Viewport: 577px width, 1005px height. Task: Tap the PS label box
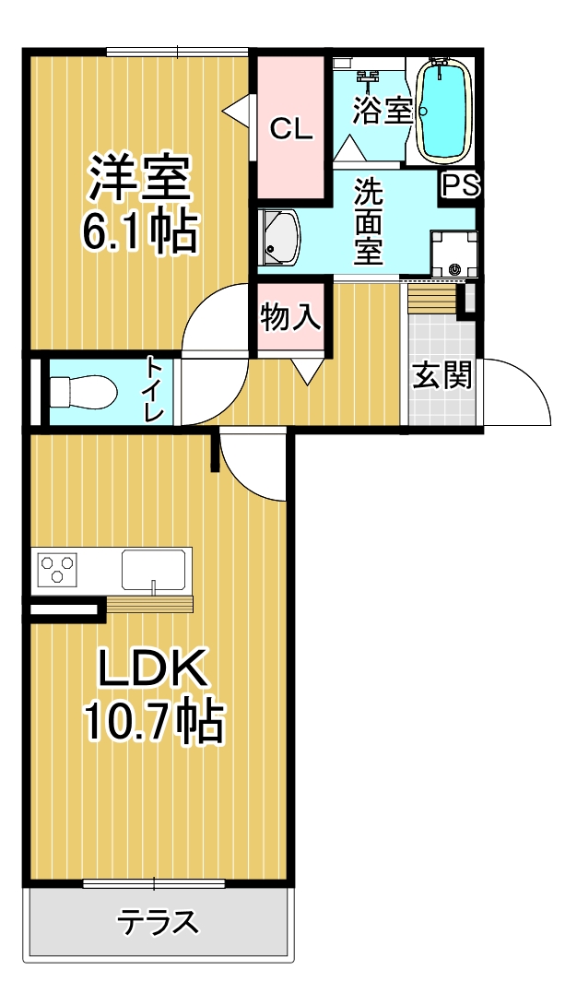pyautogui.click(x=461, y=186)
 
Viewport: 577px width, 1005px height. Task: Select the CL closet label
pyautogui.click(x=290, y=129)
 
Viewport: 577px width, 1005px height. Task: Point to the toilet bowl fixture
pyautogui.click(x=83, y=390)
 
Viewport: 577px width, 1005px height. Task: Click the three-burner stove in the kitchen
pyautogui.click(x=57, y=567)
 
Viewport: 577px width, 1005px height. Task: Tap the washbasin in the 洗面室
pyautogui.click(x=279, y=239)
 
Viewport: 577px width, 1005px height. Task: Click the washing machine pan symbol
pyautogui.click(x=453, y=254)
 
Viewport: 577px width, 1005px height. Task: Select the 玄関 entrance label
pyautogui.click(x=442, y=375)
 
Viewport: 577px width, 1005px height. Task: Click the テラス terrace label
pyautogui.click(x=159, y=923)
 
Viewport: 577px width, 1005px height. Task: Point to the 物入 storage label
pyautogui.click(x=290, y=316)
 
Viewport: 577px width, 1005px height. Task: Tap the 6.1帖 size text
pyautogui.click(x=138, y=232)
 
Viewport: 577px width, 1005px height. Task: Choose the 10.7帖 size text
pyautogui.click(x=155, y=722)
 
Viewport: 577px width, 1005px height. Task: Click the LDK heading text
pyautogui.click(x=155, y=669)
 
